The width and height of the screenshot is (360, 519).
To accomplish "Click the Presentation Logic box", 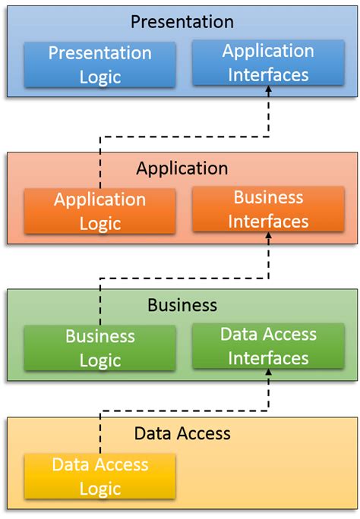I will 99,64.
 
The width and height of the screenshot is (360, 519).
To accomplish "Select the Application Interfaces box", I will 268,63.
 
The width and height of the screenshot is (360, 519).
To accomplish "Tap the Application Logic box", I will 99,211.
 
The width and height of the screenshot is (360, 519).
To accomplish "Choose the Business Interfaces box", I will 268,209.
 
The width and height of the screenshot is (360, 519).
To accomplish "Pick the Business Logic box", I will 99,348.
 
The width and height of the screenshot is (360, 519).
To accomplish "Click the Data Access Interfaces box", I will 268,346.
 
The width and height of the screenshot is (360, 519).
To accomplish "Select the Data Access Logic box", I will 99,477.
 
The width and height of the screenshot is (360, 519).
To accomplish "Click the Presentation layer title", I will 182,21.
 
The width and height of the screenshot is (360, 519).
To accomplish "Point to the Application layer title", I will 182,168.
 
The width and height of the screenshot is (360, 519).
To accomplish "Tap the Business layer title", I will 182,305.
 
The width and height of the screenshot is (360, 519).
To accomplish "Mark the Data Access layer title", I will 182,434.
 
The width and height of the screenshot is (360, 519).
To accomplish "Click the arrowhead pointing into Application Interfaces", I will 268,91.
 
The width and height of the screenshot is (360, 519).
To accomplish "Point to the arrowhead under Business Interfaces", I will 268,237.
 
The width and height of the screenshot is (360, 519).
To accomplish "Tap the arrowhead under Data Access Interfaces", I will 268,374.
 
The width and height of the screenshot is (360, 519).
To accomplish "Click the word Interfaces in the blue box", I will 268,75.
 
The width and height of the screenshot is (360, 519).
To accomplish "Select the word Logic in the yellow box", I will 99,489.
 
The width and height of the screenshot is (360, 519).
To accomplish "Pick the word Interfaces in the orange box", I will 268,222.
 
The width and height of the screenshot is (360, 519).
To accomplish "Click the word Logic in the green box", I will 99,360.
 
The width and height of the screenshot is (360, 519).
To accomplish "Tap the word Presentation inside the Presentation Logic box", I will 99,53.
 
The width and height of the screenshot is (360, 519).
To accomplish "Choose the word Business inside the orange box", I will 268,197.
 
